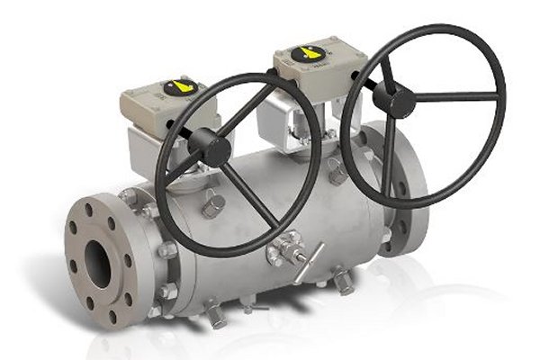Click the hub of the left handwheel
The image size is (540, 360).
point(213,147)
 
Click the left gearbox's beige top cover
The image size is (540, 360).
point(171,99)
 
